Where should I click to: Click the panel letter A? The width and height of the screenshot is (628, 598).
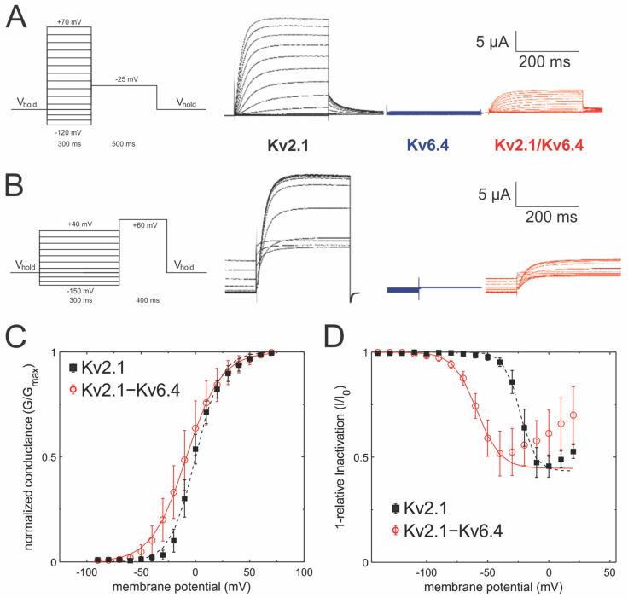18,17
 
